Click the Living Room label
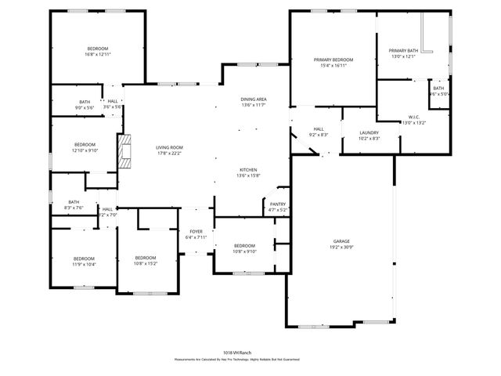coord(169,147)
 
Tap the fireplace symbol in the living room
coord(124,152)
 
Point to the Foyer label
coord(196,232)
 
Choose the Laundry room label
coord(369,133)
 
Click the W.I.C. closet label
coord(415,118)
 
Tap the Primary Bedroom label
coord(333,60)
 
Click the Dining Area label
coord(254,99)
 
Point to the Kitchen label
coord(248,170)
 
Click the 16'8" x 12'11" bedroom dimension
coord(98,55)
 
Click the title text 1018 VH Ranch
coord(236,353)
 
